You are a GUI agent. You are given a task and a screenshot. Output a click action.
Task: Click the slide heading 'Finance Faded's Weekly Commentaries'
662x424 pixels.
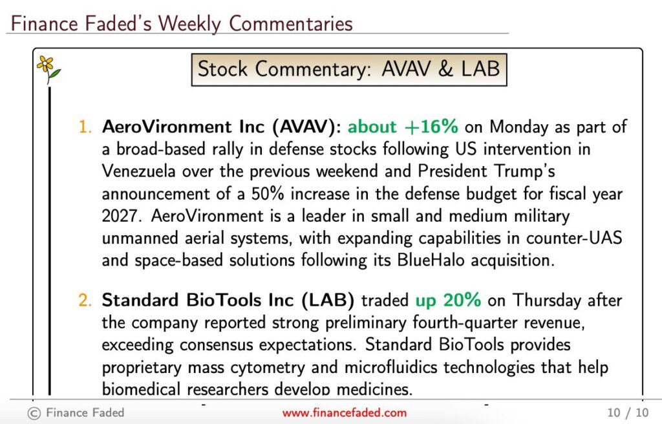pyautogui.click(x=182, y=23)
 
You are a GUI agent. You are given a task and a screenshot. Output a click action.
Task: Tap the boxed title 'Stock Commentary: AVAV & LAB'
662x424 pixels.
pyautogui.click(x=348, y=69)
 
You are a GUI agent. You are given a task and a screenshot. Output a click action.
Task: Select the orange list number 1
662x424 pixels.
pyautogui.click(x=85, y=127)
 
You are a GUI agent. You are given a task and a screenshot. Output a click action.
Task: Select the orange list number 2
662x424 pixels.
pyautogui.click(x=85, y=301)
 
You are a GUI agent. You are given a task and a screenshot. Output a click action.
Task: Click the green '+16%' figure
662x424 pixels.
pyautogui.click(x=431, y=127)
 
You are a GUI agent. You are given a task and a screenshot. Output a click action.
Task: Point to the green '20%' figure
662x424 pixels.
pyautogui.click(x=462, y=301)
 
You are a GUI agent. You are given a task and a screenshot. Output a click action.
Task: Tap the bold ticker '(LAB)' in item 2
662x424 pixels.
pyautogui.click(x=328, y=301)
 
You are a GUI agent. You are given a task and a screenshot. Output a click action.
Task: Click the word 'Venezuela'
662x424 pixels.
pyautogui.click(x=138, y=171)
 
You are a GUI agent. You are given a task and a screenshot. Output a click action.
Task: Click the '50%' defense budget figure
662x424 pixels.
pyautogui.click(x=268, y=194)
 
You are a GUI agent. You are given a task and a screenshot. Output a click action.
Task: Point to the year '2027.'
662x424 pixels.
pyautogui.click(x=120, y=216)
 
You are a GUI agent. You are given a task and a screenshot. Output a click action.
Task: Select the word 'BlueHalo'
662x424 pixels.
pyautogui.click(x=431, y=260)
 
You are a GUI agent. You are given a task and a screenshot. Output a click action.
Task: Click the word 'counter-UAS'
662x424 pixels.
pyautogui.click(x=574, y=238)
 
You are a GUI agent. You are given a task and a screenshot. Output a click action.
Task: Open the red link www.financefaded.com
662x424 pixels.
pyautogui.click(x=345, y=412)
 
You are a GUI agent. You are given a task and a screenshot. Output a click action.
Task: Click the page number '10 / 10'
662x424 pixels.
pyautogui.click(x=628, y=412)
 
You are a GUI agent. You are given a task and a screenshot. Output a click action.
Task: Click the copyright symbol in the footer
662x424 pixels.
pyautogui.click(x=34, y=413)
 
